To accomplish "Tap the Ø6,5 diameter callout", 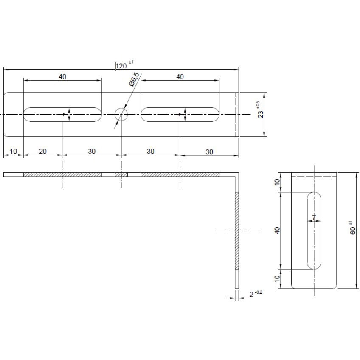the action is pyautogui.click(x=134, y=79).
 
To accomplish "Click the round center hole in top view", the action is pyautogui.click(x=121, y=114).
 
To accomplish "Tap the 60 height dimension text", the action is pyautogui.click(x=353, y=228).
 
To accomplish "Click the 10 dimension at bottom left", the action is pyautogui.click(x=13, y=151).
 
